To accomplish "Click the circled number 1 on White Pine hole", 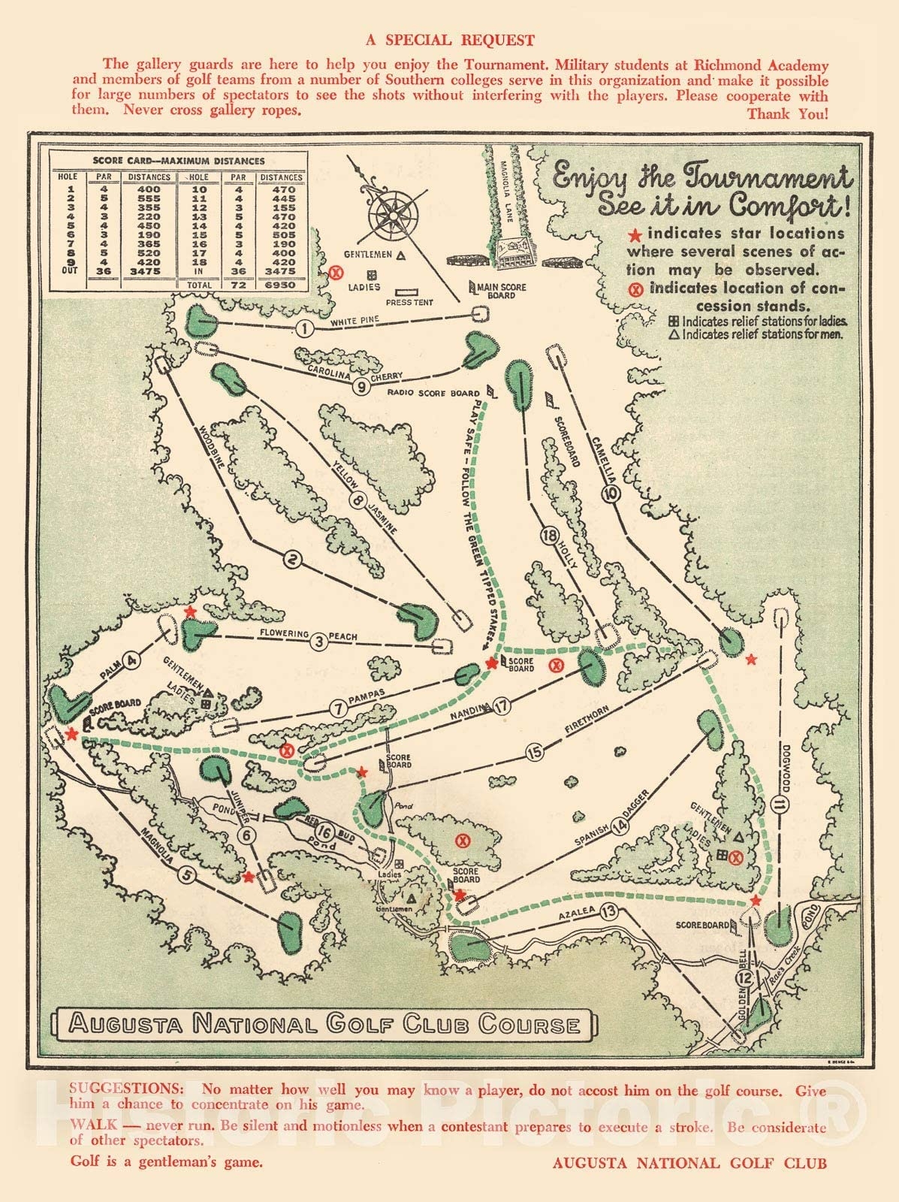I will pyautogui.click(x=303, y=328).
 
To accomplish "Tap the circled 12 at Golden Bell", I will pyautogui.click(x=744, y=978).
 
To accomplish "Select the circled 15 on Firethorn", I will pyautogui.click(x=534, y=752).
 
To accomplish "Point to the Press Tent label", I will pyautogui.click(x=409, y=302).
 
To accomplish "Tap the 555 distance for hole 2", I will pyautogui.click(x=149, y=197).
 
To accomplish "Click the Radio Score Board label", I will pyautogui.click(x=433, y=393).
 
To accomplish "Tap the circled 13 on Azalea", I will pyautogui.click(x=610, y=912).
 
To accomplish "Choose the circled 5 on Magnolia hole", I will pyautogui.click(x=187, y=874).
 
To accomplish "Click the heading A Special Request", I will pyautogui.click(x=449, y=41).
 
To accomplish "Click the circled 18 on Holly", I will pyautogui.click(x=550, y=536).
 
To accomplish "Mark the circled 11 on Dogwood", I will pyautogui.click(x=780, y=806).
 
